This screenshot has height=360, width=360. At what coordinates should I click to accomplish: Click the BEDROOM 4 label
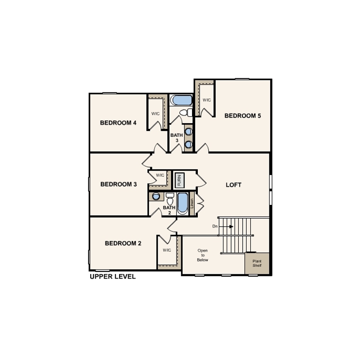tap(118, 123)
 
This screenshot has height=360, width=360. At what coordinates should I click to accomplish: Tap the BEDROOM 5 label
tap(243, 116)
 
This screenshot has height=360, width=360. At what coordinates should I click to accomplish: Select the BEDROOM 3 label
tap(119, 184)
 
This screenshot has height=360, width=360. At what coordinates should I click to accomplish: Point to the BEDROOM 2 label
tap(123, 244)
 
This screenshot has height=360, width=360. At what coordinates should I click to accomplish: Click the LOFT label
tap(233, 185)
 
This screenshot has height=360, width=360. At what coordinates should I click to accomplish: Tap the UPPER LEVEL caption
tap(113, 276)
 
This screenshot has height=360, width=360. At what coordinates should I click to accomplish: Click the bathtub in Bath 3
tap(181, 100)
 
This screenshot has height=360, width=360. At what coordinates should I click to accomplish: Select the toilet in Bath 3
tap(186, 113)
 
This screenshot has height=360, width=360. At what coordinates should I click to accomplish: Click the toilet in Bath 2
tap(170, 199)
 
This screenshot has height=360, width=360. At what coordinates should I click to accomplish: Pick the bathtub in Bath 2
tap(183, 204)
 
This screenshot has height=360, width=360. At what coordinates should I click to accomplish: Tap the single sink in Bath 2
tap(156, 196)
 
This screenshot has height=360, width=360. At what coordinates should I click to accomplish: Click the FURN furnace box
tap(180, 180)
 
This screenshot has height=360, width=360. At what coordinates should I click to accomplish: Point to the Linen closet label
tap(192, 204)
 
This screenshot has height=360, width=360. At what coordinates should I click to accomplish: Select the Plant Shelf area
tap(257, 264)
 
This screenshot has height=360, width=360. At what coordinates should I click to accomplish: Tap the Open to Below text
tap(203, 255)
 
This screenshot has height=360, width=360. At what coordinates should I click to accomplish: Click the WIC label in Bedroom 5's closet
tap(207, 100)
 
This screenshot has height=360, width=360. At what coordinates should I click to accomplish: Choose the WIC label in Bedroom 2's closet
tap(167, 250)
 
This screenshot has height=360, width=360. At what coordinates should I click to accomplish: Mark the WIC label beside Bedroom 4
tap(156, 114)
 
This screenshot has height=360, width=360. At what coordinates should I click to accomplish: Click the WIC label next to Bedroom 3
tap(160, 175)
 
